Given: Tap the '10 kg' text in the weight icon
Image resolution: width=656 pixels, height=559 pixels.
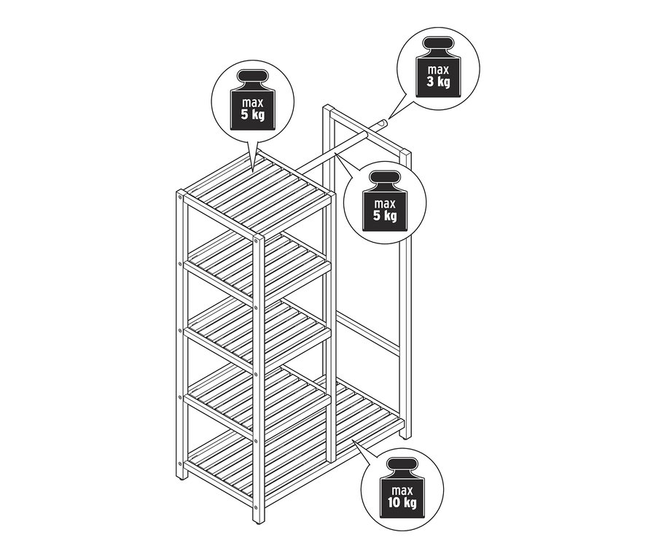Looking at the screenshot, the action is tap(402, 502).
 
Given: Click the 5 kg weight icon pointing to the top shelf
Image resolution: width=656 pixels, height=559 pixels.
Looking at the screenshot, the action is tap(253, 99).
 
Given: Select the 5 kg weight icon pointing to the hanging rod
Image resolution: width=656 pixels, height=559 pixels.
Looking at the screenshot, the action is tap(385, 200).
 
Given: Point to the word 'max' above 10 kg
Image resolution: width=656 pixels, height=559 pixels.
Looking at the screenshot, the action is tap(402, 490).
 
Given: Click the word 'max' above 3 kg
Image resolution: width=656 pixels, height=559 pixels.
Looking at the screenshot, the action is tap(438, 69).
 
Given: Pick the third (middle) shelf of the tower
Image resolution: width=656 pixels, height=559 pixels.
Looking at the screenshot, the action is tap(256, 332).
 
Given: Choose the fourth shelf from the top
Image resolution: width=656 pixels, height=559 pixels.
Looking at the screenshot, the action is tap(256, 399).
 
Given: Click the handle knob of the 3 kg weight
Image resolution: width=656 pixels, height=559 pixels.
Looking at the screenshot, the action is tap(438, 43).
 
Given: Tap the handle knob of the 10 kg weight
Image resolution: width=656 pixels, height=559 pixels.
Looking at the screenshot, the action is tap(402, 464).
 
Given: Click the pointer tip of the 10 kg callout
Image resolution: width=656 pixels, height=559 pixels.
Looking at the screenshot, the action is tap(353, 441).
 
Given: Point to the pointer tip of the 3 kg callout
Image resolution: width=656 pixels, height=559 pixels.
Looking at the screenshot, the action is tap(389, 117).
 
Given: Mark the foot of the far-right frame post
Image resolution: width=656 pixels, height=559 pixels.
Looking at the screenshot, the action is tap(405, 435).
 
